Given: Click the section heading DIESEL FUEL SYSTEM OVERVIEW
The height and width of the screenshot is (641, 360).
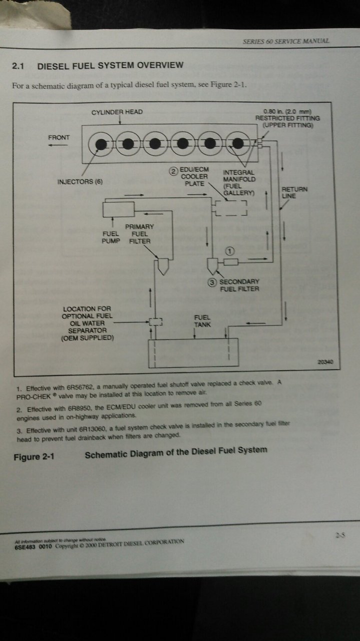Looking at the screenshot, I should pyautogui.click(x=110, y=65).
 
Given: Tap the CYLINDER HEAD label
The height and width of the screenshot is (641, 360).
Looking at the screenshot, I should pyautogui.click(x=117, y=112).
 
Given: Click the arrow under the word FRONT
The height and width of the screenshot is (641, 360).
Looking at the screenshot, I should pyautogui.click(x=58, y=145).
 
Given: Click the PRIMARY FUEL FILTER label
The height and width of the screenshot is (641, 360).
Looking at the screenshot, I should pyautogui.click(x=140, y=234).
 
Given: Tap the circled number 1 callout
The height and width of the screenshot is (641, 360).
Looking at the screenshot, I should pyautogui.click(x=230, y=249).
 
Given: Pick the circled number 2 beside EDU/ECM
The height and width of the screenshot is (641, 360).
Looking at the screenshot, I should pyautogui.click(x=173, y=171).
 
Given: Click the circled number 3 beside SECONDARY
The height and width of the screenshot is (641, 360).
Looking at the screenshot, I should pyautogui.click(x=213, y=282).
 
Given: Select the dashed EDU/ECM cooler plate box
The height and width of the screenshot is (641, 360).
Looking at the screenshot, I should pyautogui.click(x=231, y=207).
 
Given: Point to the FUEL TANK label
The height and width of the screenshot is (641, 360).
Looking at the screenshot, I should pyautogui.click(x=202, y=321).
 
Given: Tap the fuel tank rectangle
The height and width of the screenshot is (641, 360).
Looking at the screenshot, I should pyautogui.click(x=192, y=353).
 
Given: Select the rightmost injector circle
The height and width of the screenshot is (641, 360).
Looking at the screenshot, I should pyautogui.click(x=239, y=144).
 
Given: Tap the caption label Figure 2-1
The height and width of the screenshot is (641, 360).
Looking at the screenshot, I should pyautogui.click(x=34, y=457).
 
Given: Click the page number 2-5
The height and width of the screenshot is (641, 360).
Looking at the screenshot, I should pyautogui.click(x=340, y=535).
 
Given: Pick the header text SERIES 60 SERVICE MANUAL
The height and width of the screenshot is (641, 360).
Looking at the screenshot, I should pyautogui.click(x=286, y=41).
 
